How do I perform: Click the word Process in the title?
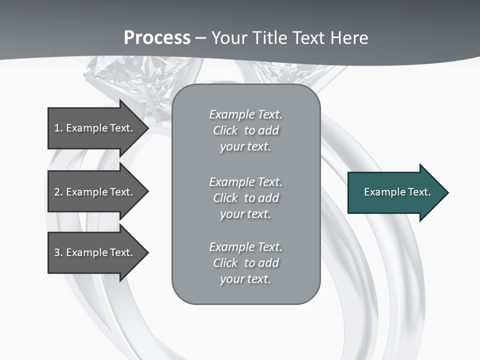[x=157, y=38]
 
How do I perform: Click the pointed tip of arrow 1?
[x=147, y=128]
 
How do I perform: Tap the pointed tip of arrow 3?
[x=147, y=252]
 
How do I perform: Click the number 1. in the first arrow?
[x=58, y=128]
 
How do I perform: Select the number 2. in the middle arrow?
[x=58, y=192]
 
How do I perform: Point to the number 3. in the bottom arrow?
[x=58, y=252]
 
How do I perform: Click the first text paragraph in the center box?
[x=245, y=130]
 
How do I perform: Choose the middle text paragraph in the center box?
[x=245, y=198]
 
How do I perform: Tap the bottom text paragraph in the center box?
[x=245, y=263]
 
